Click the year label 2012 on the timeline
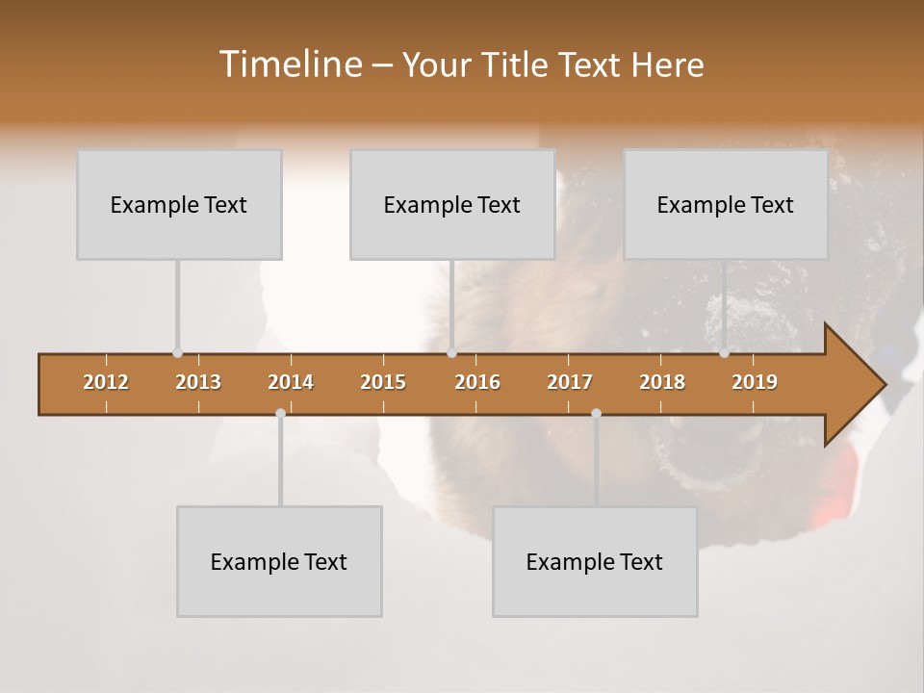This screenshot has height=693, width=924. click(x=106, y=382)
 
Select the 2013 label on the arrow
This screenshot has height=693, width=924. click(x=198, y=382)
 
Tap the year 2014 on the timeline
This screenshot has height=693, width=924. click(x=291, y=382)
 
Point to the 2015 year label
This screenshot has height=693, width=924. click(x=383, y=382)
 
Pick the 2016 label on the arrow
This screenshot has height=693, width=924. click(x=477, y=382)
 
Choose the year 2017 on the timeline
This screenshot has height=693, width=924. click(x=570, y=382)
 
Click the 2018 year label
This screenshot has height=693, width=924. click(x=662, y=382)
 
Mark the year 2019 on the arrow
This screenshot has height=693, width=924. click(x=755, y=382)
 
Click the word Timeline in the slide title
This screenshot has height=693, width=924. click(x=289, y=64)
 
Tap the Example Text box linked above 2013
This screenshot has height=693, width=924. click(x=179, y=204)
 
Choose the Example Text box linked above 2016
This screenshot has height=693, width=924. click(x=452, y=204)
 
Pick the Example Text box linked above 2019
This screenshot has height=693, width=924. click(x=726, y=204)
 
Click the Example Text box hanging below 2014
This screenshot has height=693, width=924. click(x=279, y=561)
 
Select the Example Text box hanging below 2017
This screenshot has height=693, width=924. click(x=595, y=561)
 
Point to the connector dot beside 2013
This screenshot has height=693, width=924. click(x=177, y=353)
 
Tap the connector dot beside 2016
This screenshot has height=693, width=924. click(x=451, y=353)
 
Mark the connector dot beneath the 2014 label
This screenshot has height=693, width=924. click(x=280, y=413)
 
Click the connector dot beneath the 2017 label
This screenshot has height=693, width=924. click(x=596, y=413)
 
